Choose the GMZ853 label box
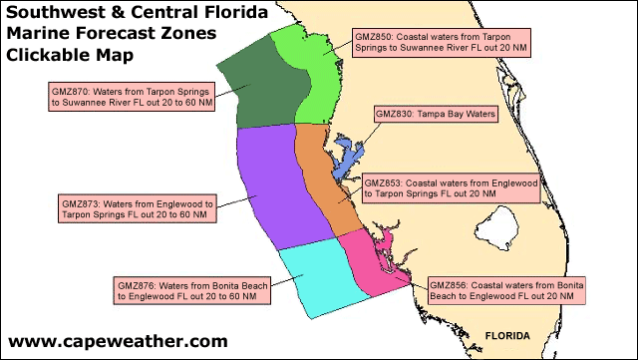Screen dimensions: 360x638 (x=451, y=189)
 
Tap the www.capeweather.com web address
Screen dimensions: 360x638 (x=118, y=341)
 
